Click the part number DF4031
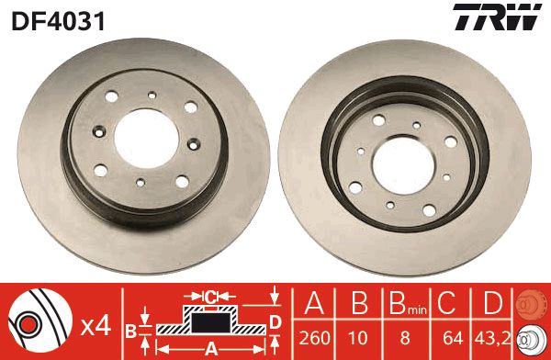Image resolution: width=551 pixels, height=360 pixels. [59, 21]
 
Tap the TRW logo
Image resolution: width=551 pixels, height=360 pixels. [497, 17]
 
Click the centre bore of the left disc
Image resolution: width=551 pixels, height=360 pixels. [146, 139]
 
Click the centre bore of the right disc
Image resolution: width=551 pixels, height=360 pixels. [404, 165]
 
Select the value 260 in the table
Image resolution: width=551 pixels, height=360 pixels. [314, 338]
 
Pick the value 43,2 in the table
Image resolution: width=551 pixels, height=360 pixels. [492, 338]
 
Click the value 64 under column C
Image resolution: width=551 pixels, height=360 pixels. [454, 338]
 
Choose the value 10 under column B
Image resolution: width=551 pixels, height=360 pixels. [358, 338]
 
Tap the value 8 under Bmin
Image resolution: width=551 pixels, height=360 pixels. [405, 338]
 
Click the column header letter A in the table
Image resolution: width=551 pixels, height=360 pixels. [314, 303]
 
